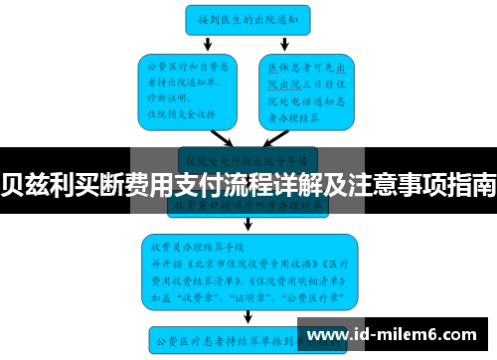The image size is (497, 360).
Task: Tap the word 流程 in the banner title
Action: pos(257,183)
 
